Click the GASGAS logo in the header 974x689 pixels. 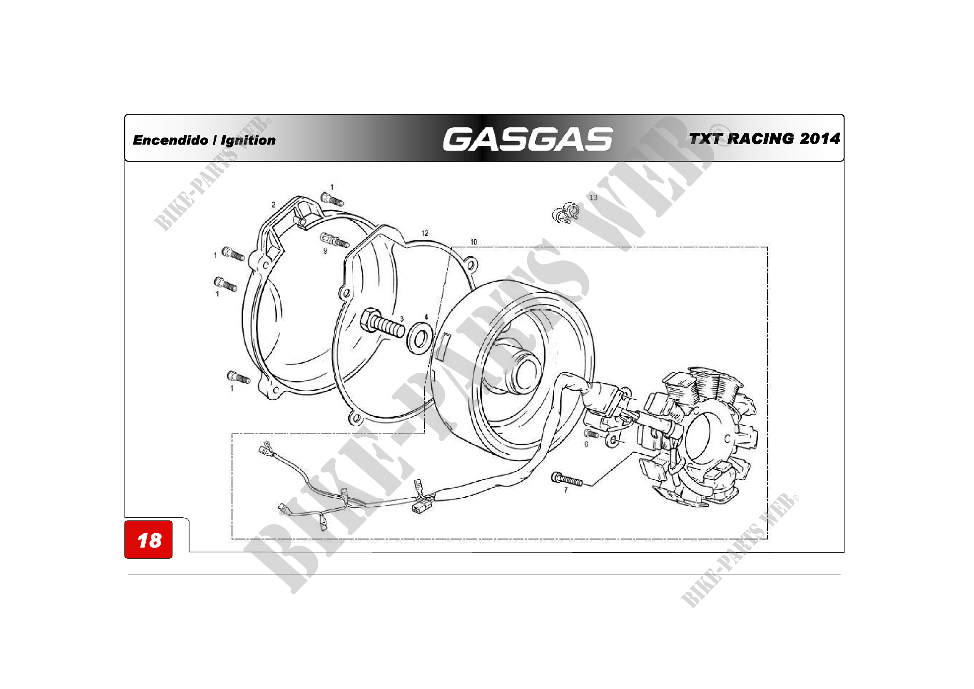pos(527,139)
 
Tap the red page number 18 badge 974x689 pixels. pos(149,539)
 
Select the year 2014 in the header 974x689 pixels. pos(820,139)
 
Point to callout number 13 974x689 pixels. pos(593,198)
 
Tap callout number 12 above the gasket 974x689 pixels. pos(425,233)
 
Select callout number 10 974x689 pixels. pos(474,242)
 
